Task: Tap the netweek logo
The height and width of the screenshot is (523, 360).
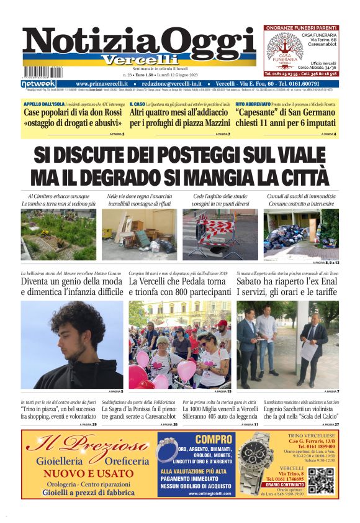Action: (x=38, y=84)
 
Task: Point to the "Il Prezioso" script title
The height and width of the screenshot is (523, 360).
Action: (x=87, y=445)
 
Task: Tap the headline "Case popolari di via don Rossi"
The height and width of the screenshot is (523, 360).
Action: (x=72, y=112)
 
